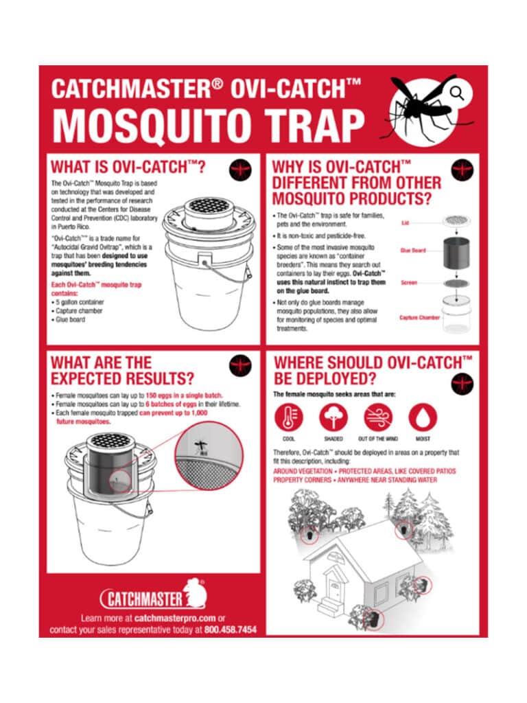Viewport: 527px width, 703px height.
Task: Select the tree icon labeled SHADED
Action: tap(333, 417)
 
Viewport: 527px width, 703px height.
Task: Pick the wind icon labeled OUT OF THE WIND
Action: tap(378, 417)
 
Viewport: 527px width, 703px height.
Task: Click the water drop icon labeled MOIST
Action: tap(423, 417)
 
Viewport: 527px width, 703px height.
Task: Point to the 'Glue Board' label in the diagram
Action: tap(413, 251)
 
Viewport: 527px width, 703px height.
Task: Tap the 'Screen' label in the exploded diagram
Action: tap(409, 282)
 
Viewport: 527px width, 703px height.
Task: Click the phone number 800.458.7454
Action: tap(230, 629)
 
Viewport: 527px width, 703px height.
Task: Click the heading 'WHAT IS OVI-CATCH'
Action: tap(129, 167)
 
